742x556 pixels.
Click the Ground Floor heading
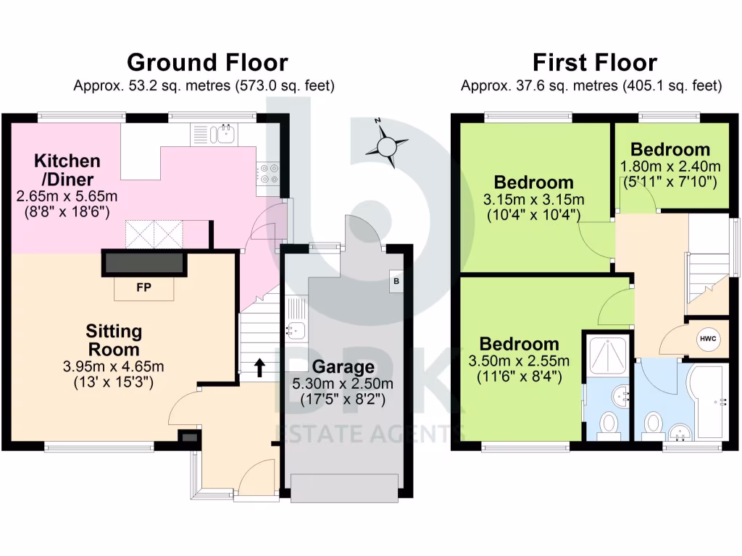point(207,62)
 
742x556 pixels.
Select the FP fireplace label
point(143,287)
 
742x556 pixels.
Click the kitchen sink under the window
point(225,133)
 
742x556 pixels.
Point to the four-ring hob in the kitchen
point(268,172)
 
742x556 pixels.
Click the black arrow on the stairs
point(259,367)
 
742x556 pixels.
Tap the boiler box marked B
point(396,281)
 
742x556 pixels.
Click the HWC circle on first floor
point(706,339)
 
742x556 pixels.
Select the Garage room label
point(343,366)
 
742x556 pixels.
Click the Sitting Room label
point(114,340)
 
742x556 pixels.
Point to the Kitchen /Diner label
point(67,169)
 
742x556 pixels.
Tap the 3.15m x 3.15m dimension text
point(535,200)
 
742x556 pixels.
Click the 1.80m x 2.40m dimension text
point(670,167)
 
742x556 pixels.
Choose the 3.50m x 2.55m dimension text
point(520,361)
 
